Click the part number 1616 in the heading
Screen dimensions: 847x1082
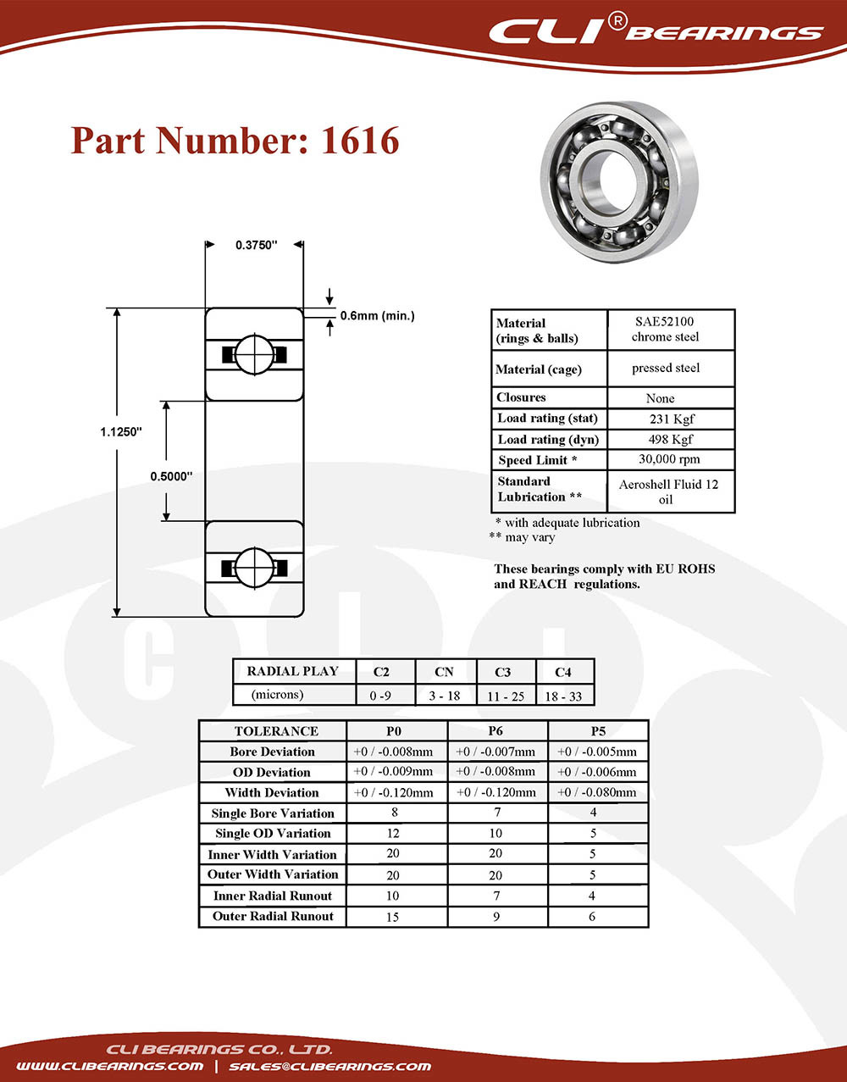360,141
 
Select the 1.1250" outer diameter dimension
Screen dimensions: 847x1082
121,432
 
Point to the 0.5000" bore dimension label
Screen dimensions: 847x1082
171,476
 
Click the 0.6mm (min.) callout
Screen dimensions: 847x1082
377,316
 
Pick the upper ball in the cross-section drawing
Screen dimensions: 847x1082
254,354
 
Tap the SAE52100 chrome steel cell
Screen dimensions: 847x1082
666,329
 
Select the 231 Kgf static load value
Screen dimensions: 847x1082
672,419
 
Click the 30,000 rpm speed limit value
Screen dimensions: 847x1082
669,459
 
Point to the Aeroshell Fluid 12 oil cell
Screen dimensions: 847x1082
668,491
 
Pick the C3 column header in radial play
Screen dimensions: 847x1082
502,672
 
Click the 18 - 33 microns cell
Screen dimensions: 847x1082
563,696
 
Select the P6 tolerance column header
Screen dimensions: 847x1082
495,730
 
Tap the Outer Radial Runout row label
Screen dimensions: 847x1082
273,916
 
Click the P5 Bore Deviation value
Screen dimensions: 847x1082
596,752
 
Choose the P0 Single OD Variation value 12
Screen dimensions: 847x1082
393,833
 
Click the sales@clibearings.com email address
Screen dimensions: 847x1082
330,1066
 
